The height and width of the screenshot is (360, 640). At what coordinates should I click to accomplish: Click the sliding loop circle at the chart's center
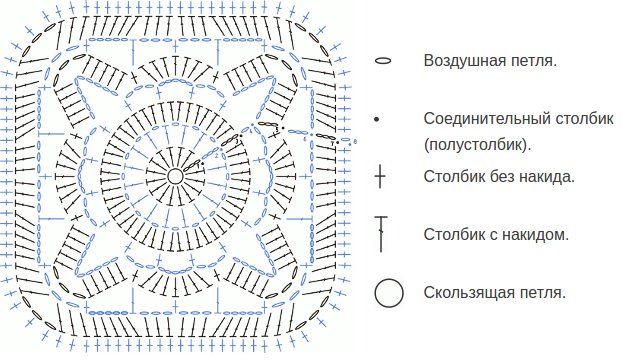(175, 176)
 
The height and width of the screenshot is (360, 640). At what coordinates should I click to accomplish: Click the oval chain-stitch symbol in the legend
(381, 61)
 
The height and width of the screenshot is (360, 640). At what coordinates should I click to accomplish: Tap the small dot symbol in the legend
(378, 120)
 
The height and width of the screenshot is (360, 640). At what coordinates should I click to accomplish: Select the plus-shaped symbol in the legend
(380, 179)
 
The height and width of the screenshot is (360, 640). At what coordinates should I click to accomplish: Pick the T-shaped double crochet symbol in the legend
(380, 234)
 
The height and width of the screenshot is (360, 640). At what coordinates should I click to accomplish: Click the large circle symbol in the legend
(389, 294)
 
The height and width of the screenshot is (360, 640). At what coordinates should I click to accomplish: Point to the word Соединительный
(481, 118)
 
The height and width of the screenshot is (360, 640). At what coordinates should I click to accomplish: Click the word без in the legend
(501, 178)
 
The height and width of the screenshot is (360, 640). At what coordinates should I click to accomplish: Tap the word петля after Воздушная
(534, 61)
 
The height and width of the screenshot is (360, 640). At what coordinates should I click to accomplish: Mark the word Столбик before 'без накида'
(452, 178)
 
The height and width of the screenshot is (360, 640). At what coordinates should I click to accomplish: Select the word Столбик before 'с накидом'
(452, 236)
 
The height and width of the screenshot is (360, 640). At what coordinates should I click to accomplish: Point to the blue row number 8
(354, 142)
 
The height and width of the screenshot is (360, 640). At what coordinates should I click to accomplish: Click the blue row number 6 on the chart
(304, 139)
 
